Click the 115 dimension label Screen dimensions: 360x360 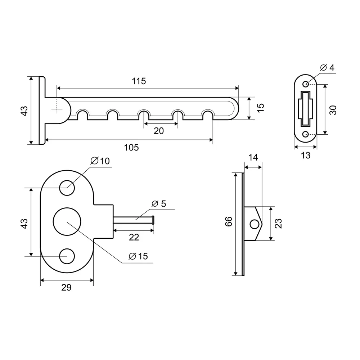139,81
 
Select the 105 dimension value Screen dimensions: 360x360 131,147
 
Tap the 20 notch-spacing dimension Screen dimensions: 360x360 159,131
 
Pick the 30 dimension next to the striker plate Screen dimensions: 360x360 333,110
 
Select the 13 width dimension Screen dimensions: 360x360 306,155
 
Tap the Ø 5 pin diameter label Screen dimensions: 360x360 158,204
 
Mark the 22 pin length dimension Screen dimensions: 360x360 134,237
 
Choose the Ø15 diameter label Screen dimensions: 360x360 139,256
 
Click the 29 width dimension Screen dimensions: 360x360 67,287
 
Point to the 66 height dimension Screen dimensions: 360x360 229,221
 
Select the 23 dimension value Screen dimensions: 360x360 278,224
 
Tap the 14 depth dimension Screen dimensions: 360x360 253,157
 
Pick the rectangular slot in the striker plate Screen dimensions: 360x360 306,108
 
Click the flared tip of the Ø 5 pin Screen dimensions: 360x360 153,220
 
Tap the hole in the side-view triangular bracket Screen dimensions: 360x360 255,224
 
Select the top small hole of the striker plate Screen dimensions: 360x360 306,84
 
